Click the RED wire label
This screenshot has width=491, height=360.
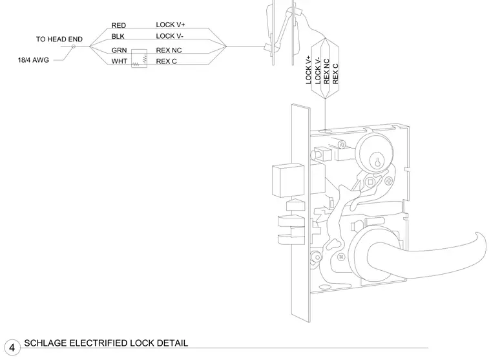point(119,25)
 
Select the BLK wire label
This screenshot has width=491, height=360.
point(118,36)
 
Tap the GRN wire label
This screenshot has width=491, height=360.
point(119,50)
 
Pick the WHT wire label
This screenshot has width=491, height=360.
point(120,61)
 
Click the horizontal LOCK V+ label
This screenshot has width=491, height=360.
point(171,25)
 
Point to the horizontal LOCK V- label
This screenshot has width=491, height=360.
point(169,36)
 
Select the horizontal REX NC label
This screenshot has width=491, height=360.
point(169,50)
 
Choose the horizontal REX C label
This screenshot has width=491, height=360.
point(166,61)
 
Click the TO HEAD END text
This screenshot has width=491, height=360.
point(59,39)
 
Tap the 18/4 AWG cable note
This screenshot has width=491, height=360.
point(33,60)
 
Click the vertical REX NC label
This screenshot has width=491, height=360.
point(327,72)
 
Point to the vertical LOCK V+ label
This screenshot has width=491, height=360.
point(308,70)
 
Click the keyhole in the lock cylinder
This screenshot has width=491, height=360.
point(377,162)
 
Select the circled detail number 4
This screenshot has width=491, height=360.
point(12,348)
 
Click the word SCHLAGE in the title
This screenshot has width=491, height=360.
point(45,343)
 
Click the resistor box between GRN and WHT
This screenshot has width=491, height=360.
point(139,59)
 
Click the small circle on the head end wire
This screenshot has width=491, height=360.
point(74,47)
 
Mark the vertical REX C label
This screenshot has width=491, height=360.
point(335,74)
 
